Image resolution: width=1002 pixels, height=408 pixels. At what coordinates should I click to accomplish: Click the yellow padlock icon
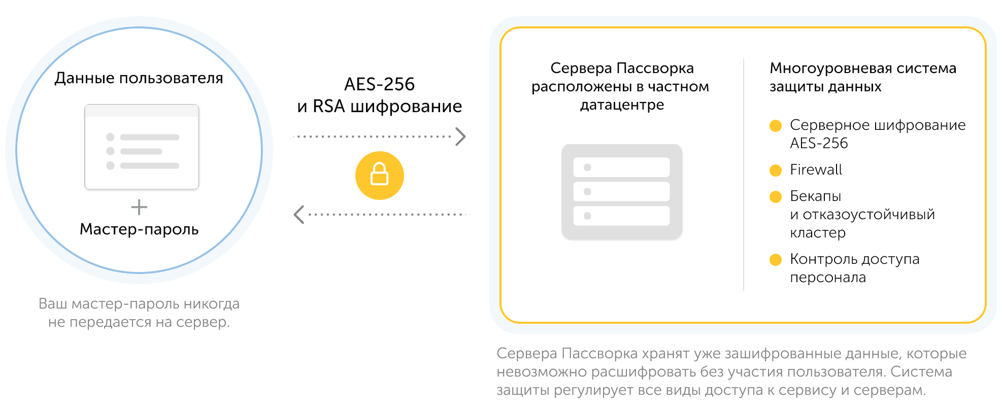[379, 175]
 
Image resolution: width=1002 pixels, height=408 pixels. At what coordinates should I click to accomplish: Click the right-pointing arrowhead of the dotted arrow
[460, 137]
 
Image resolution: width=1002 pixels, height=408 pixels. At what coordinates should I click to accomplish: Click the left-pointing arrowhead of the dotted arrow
[299, 215]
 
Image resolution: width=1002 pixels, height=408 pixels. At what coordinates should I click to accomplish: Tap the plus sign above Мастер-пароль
[139, 207]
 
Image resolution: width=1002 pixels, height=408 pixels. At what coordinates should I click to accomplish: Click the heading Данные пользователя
[139, 78]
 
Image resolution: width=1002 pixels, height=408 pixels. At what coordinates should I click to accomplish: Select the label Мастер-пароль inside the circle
[139, 229]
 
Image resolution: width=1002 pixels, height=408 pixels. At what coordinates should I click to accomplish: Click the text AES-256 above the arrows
[379, 84]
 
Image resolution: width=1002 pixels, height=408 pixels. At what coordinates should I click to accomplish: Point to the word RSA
[329, 107]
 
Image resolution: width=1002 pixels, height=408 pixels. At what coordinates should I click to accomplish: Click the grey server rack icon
[622, 192]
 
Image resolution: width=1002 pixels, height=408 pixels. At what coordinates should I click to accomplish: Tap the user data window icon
[142, 147]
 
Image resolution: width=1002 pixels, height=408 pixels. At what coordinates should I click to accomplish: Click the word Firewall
[816, 170]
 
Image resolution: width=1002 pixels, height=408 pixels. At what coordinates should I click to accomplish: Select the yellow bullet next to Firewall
[776, 171]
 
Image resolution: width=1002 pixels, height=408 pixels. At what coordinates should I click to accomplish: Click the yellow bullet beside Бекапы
[776, 197]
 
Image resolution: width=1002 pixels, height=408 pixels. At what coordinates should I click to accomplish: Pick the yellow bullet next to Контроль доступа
[776, 260]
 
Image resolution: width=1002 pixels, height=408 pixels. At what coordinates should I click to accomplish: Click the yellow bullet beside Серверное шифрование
[776, 126]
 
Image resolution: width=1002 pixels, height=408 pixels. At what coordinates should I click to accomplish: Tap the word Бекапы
[815, 196]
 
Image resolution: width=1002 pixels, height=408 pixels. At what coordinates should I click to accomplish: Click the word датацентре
[622, 105]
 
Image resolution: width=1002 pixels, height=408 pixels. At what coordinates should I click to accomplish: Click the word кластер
[817, 233]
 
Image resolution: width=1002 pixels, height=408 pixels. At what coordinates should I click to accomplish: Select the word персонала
[827, 278]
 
